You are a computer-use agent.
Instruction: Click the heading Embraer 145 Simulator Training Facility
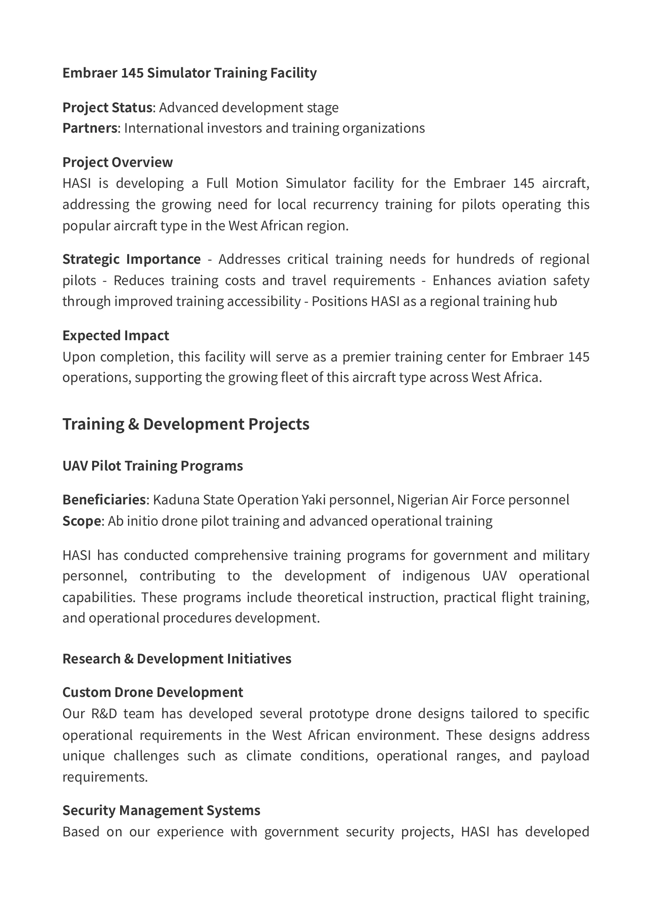(x=189, y=73)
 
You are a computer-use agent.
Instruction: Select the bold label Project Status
(x=107, y=107)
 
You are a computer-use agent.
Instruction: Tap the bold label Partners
(x=90, y=128)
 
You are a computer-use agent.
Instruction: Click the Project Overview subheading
(x=117, y=162)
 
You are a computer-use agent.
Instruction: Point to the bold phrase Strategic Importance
(x=132, y=259)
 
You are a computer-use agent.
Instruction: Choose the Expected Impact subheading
(x=115, y=335)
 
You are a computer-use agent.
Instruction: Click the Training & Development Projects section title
(x=186, y=424)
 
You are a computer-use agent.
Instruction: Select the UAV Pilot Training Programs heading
(x=152, y=466)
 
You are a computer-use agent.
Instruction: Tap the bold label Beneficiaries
(x=104, y=500)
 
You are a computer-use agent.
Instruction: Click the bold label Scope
(x=82, y=521)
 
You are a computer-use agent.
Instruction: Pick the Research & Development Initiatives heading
(x=177, y=659)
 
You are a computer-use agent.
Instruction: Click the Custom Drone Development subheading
(x=153, y=692)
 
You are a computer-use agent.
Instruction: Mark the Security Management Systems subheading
(x=161, y=810)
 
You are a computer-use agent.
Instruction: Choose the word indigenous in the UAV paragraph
(x=436, y=576)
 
